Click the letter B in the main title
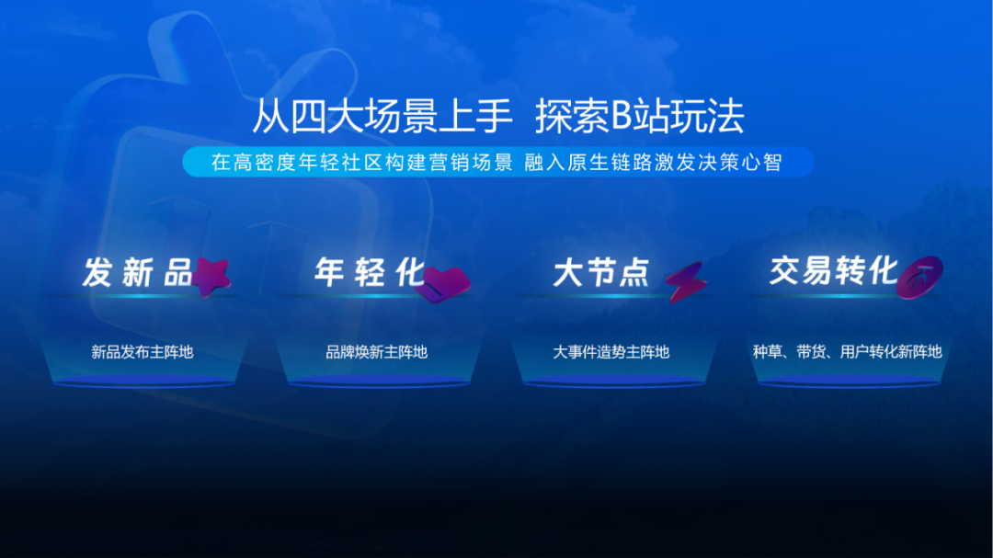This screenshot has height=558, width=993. click(x=622, y=117)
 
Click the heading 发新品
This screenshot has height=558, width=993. click(x=138, y=273)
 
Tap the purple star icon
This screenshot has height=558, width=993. click(x=211, y=276)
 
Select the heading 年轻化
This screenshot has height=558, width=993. click(x=370, y=272)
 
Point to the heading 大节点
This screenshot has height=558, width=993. click(x=601, y=273)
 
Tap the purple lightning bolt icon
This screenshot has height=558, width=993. click(x=686, y=281)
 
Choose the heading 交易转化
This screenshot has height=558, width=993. click(x=833, y=271)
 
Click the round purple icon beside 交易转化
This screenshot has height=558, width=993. click(x=919, y=277)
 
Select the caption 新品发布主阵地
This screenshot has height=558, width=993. click(x=142, y=352)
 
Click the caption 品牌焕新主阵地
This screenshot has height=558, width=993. click(x=376, y=352)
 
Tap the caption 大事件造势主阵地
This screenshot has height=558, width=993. click(x=611, y=352)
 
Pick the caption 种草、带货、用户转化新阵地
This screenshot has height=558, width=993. click(x=848, y=352)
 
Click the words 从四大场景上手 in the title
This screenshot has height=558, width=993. click(x=382, y=117)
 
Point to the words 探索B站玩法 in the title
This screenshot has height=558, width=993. click(x=640, y=117)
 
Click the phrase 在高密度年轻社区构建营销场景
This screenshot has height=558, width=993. click(x=362, y=162)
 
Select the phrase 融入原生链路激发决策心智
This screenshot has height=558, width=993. click(x=653, y=162)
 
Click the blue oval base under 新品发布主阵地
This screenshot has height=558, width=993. click(x=143, y=381)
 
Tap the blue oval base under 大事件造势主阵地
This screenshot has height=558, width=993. click(x=613, y=381)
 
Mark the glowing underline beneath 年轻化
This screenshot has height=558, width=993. click(x=367, y=296)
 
